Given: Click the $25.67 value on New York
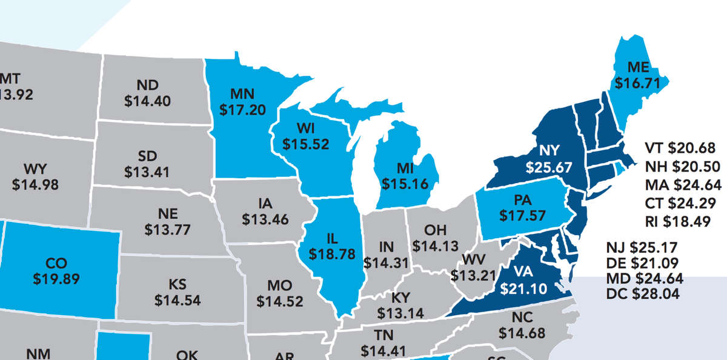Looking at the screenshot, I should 549,167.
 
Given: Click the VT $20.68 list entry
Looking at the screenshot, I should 680,147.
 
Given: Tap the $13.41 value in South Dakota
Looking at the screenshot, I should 147,172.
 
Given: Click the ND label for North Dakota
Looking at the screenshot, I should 147,85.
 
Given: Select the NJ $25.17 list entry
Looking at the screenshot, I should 642,247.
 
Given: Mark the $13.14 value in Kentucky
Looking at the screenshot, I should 400,313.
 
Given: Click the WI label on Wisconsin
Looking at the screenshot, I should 305,128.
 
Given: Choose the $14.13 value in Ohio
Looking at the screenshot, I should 436,245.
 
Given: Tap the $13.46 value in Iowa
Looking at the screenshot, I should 265,218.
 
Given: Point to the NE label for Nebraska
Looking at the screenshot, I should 168,214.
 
